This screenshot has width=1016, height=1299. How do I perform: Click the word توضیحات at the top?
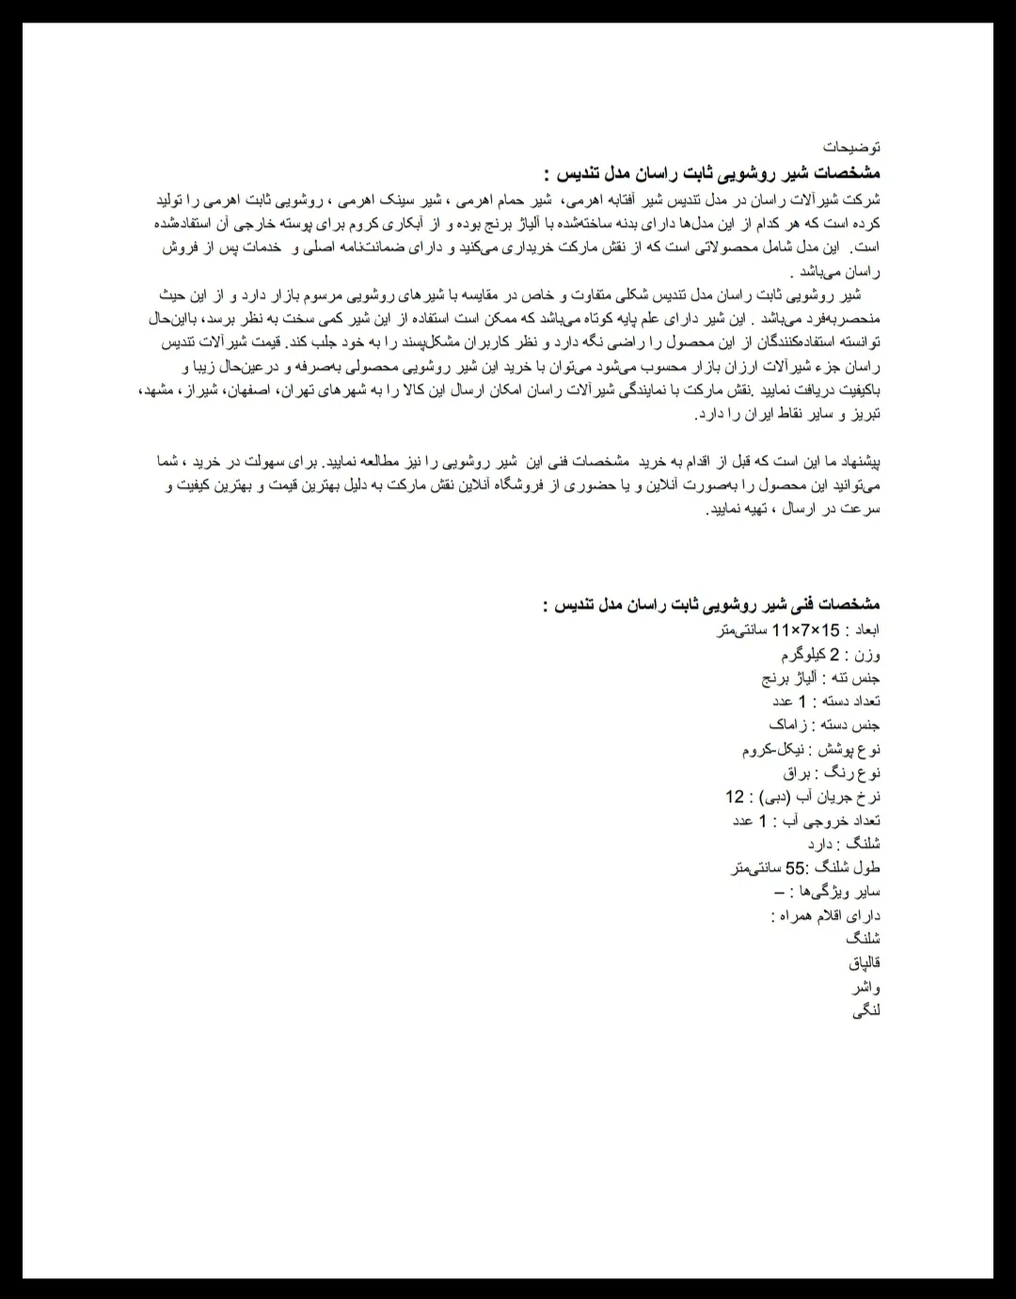[x=851, y=148]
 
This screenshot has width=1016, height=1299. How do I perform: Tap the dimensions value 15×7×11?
[x=805, y=629]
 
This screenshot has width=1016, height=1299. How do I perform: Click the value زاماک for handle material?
[x=789, y=725]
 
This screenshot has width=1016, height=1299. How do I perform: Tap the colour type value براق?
[x=796, y=772]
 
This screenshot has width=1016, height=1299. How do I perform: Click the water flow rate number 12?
[x=734, y=797]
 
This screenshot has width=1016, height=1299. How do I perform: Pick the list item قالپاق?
[x=864, y=963]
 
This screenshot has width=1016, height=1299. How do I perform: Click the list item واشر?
[x=866, y=988]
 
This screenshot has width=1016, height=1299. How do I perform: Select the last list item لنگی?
[x=866, y=1011]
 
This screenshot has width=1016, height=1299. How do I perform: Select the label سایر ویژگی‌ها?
[x=840, y=891]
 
